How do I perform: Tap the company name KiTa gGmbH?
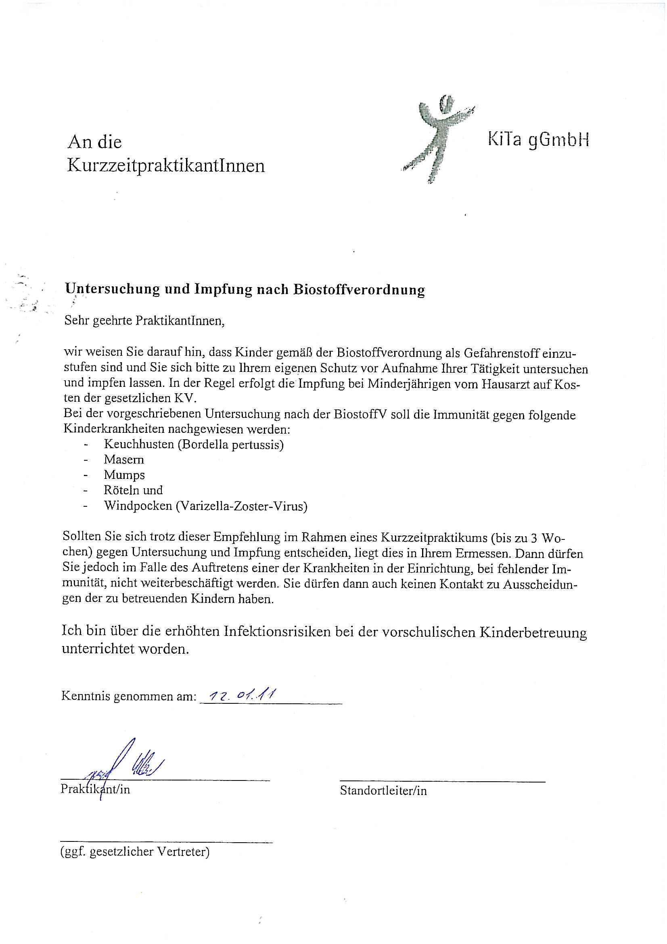pyautogui.click(x=538, y=141)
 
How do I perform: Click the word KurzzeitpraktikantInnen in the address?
pyautogui.click(x=166, y=166)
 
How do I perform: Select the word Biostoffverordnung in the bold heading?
pyautogui.click(x=359, y=289)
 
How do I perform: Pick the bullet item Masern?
pyautogui.click(x=124, y=459)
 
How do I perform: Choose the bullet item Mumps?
pyautogui.click(x=124, y=475)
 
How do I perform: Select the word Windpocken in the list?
pyautogui.click(x=138, y=506)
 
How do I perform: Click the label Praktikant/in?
pyautogui.click(x=95, y=789)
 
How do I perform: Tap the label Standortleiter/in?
pyautogui.click(x=383, y=790)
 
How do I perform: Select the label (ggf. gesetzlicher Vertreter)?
pyautogui.click(x=135, y=852)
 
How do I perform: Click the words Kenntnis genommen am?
pyautogui.click(x=129, y=696)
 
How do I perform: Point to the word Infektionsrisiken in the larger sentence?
pyautogui.click(x=277, y=632)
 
